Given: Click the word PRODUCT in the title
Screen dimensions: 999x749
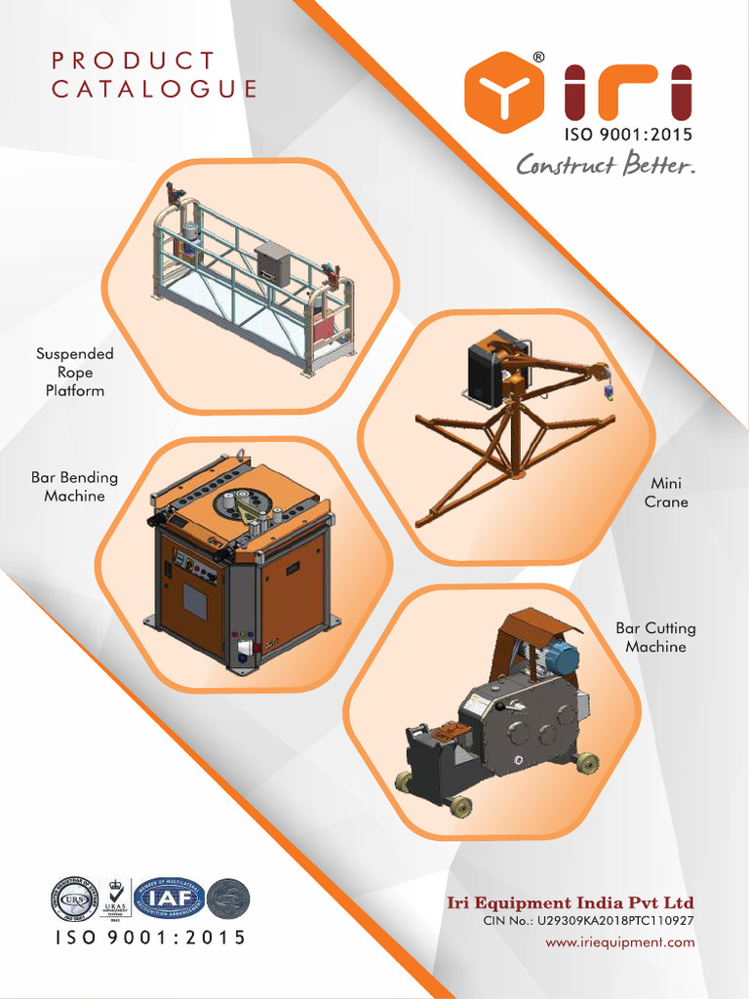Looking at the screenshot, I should (133, 60).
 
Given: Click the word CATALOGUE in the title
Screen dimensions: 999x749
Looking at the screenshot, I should (154, 90).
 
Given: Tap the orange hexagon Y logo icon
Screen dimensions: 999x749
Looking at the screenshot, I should (503, 92).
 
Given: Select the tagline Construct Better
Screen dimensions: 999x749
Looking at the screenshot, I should (606, 164).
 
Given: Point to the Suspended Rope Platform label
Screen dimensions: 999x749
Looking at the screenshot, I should (75, 372).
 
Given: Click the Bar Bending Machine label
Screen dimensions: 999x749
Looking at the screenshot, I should (74, 487).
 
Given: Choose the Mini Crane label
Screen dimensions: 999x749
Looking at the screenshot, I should (666, 493).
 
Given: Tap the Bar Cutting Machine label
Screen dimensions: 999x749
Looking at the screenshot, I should (655, 637).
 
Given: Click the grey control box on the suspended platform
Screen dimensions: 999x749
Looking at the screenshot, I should (272, 263).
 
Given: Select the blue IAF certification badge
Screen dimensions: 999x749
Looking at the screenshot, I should (169, 898).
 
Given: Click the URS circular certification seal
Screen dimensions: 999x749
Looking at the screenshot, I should (74, 899).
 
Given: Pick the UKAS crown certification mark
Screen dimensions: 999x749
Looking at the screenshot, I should (117, 899).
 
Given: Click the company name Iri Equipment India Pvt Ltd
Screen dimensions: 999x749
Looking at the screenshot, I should (570, 902).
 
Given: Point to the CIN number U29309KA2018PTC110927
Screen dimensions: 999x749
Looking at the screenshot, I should (589, 921).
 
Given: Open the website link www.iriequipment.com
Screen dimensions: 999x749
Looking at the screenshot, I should (619, 942).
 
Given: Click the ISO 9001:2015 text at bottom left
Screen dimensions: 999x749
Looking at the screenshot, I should (149, 938).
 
